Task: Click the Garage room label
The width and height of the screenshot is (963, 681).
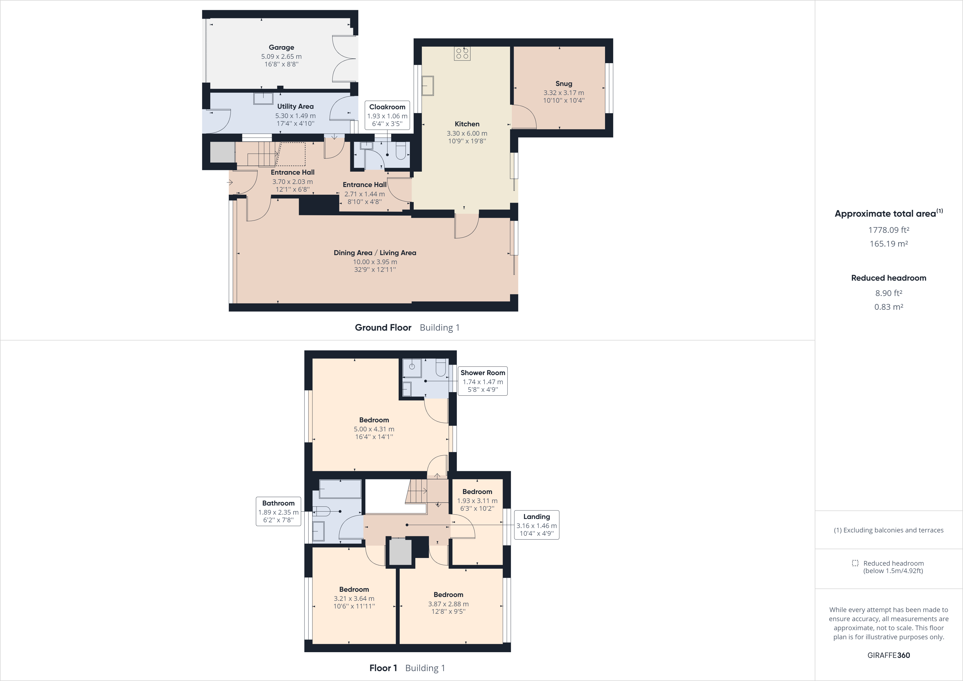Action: point(281,48)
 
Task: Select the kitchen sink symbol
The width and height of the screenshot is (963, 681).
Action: point(428,86)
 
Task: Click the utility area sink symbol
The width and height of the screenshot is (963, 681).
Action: point(263,99)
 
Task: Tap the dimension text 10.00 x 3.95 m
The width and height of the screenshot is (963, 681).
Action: point(374,262)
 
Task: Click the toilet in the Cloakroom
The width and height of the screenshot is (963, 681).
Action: point(401,151)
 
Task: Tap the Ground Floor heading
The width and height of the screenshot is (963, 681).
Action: point(383,328)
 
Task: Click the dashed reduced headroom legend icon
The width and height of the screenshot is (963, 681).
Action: point(855,563)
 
